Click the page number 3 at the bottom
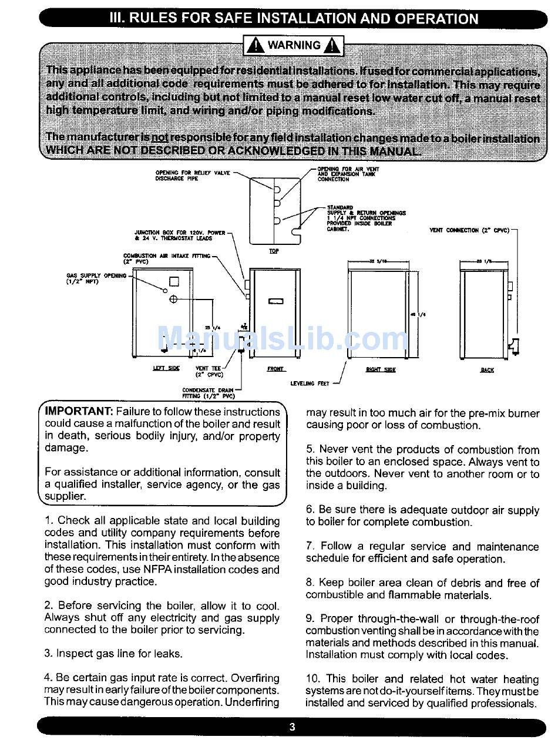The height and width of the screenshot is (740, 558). pyautogui.click(x=292, y=726)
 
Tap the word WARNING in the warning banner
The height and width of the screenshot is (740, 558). pyautogui.click(x=294, y=45)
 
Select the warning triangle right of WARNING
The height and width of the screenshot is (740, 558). pyautogui.click(x=332, y=45)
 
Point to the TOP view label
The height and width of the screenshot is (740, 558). pyautogui.click(x=274, y=251)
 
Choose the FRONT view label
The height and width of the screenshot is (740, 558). pyautogui.click(x=276, y=369)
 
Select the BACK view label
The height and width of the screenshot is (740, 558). pyautogui.click(x=487, y=370)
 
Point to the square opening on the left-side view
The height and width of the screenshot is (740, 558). pyautogui.click(x=174, y=281)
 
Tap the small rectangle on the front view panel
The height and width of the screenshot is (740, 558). pyautogui.click(x=276, y=301)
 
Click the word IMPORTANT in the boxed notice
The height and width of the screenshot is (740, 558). pyautogui.click(x=79, y=412)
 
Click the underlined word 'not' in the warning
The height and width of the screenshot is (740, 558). pyautogui.click(x=160, y=137)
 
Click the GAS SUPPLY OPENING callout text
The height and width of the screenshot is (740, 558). pyautogui.click(x=96, y=278)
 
